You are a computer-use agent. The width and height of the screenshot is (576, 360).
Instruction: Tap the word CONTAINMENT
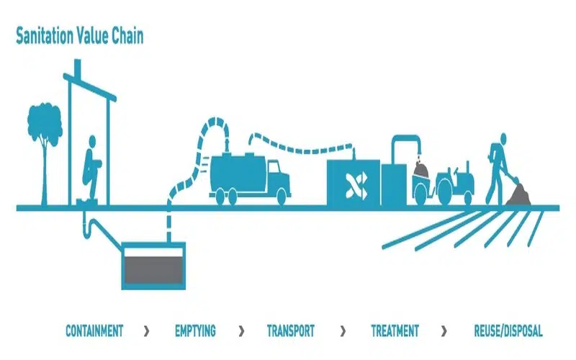tap(94, 331)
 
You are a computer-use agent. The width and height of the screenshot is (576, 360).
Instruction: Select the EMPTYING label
tap(195, 331)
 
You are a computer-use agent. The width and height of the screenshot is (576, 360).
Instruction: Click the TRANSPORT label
tap(290, 331)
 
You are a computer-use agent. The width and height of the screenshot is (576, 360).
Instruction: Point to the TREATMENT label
tap(395, 331)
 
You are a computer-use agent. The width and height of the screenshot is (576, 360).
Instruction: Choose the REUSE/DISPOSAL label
tap(508, 331)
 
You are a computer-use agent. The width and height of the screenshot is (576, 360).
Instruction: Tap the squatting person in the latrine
tap(91, 169)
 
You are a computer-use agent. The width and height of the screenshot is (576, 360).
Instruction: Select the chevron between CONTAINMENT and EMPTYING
tap(147, 331)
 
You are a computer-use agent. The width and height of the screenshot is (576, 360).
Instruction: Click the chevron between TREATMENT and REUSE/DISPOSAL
tap(444, 331)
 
